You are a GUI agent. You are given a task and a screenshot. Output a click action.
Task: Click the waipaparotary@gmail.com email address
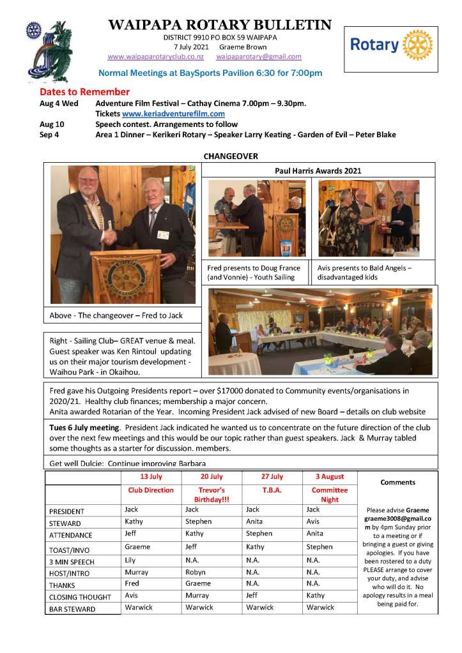click(x=259, y=57)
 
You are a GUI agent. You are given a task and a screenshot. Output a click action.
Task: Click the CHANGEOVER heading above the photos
click(x=231, y=156)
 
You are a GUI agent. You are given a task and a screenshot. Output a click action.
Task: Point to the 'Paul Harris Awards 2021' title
click(x=318, y=170)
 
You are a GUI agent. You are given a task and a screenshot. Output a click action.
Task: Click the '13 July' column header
click(x=151, y=477)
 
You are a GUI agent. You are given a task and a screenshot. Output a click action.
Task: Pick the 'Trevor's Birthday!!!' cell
click(x=211, y=495)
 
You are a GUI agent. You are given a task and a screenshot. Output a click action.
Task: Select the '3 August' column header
click(x=329, y=477)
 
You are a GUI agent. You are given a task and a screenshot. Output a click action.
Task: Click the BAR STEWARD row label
click(x=72, y=609)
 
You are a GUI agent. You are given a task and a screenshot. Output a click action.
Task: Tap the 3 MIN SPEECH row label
click(x=72, y=562)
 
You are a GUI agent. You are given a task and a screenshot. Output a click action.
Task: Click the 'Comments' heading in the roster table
click(x=397, y=483)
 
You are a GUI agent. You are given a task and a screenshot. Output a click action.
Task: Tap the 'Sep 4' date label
click(x=50, y=135)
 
